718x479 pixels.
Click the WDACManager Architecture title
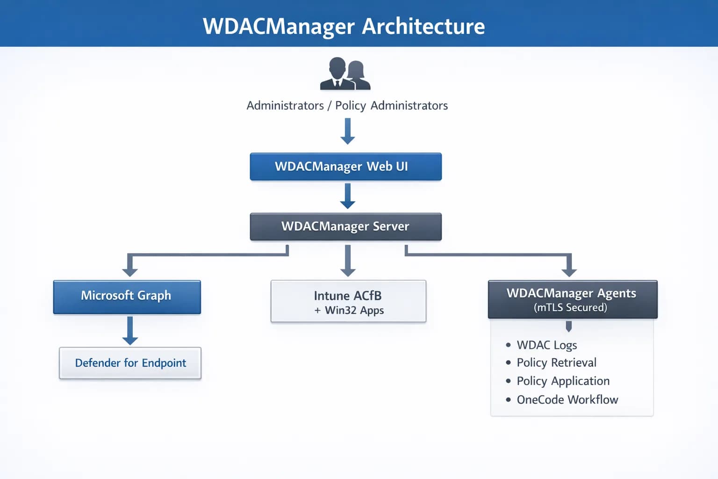344,26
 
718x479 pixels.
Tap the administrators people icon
345,74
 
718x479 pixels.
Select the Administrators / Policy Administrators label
347,106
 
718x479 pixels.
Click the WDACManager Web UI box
345,167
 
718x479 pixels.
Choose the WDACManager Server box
345,227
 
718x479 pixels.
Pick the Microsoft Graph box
127,297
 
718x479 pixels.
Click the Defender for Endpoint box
130,363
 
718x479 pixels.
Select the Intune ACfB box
348,302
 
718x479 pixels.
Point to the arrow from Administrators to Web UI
347,131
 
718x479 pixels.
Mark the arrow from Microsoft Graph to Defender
130,330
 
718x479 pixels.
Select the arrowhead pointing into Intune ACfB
348,271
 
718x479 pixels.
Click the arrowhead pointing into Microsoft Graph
130,271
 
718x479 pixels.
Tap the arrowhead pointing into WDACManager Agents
569,271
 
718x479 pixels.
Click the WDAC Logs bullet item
546,345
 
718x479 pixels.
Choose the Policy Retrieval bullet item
556,363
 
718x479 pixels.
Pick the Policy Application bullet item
563,381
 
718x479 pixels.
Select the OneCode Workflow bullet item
567,400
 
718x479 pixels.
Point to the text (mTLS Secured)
570,308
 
